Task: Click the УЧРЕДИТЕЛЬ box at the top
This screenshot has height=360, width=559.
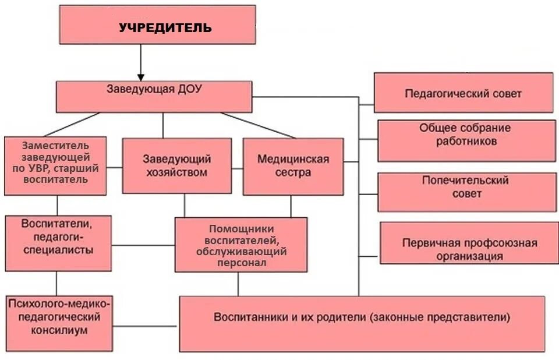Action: (x=157, y=26)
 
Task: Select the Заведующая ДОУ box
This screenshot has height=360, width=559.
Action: (x=154, y=97)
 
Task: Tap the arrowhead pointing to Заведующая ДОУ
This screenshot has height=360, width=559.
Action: (x=140, y=76)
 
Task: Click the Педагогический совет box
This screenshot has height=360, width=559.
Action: (x=463, y=93)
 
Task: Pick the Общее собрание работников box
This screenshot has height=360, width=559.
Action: (x=466, y=140)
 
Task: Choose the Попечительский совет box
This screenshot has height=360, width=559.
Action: (x=466, y=192)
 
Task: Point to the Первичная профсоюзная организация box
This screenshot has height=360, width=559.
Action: (x=469, y=242)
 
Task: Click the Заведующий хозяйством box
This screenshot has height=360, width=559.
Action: (x=176, y=165)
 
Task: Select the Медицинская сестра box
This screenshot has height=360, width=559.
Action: (x=293, y=166)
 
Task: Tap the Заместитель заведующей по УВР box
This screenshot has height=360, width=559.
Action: (x=55, y=165)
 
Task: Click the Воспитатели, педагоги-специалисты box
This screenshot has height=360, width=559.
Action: (x=58, y=243)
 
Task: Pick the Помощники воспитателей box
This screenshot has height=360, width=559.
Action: (x=241, y=245)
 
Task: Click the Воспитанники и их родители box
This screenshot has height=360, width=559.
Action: (x=362, y=323)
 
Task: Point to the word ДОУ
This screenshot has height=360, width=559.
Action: (x=190, y=89)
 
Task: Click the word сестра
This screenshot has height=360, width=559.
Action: (x=293, y=172)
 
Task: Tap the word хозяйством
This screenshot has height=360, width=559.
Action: (x=177, y=172)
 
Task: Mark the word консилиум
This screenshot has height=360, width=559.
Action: (x=60, y=330)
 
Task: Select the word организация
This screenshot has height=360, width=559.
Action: (x=469, y=256)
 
